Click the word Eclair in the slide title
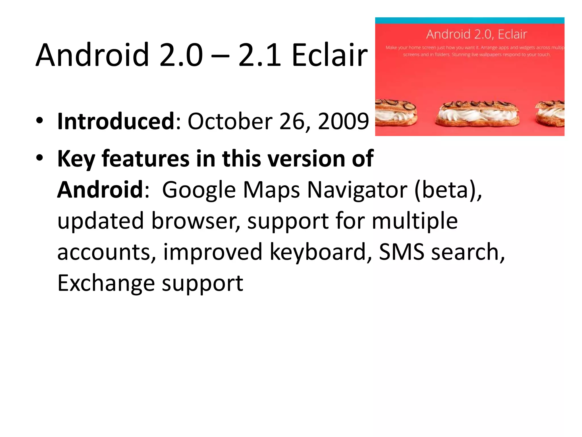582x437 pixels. pos(330,55)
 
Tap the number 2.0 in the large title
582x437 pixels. pos(181,55)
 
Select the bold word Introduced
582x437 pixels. pos(116,121)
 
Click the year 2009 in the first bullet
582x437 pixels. pos(343,121)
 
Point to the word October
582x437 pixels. pos(230,121)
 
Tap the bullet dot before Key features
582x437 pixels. pos(40,158)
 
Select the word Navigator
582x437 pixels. pos(357,190)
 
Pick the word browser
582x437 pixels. pos(196,221)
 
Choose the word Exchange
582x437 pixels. pos(106,283)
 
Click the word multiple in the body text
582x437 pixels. pos(415,221)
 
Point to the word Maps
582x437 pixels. pos(272,190)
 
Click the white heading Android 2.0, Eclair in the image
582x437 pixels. pos(477,34)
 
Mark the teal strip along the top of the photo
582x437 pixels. pos(469,20)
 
